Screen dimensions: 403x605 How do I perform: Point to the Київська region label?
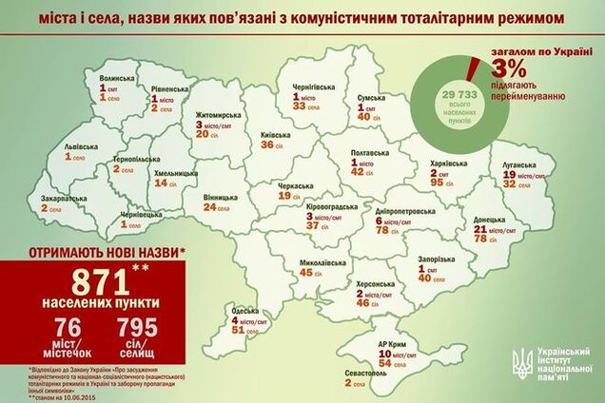(275, 136)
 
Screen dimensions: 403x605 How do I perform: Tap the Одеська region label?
(244, 311)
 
